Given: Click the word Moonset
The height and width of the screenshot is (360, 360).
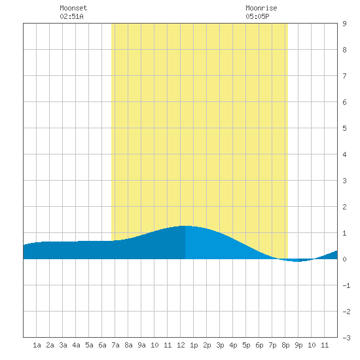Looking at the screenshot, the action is tap(73, 8).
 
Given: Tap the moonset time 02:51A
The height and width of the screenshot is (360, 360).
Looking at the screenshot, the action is tap(71, 16).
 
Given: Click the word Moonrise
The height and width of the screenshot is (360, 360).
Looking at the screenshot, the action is tap(261, 8).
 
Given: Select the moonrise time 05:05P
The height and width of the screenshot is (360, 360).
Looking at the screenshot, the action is tap(257, 16).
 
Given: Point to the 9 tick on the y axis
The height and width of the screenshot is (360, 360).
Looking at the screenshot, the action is tap(344, 24).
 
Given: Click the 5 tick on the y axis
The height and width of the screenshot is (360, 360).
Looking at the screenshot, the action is tap(344, 128).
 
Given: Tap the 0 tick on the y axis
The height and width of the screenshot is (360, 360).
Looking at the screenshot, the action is tap(344, 259).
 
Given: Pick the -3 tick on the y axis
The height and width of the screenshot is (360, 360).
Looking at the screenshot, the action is tap(346, 338).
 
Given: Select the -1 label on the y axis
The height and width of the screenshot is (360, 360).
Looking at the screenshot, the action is tap(346, 285).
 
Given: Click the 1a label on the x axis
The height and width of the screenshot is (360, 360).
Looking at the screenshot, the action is tap(37, 345).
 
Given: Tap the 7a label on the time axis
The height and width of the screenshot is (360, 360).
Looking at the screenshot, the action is tap(115, 345).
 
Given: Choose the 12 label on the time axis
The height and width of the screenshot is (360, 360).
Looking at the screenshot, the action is tap(181, 345).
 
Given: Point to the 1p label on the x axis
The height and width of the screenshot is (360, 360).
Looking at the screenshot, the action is tap(194, 345).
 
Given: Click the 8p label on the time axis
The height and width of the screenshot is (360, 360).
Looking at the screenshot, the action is tap(285, 345).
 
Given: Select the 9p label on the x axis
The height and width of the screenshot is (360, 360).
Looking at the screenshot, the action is tap(298, 345).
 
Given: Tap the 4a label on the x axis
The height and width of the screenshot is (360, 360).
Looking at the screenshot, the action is tap(76, 345).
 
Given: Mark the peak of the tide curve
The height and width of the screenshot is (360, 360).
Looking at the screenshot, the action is tap(185, 226).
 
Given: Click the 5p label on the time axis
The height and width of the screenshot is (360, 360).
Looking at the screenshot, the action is tap(246, 345).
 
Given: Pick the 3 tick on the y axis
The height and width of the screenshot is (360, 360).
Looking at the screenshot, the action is tap(344, 181).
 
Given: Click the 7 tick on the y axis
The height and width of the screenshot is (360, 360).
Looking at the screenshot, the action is tap(344, 76).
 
